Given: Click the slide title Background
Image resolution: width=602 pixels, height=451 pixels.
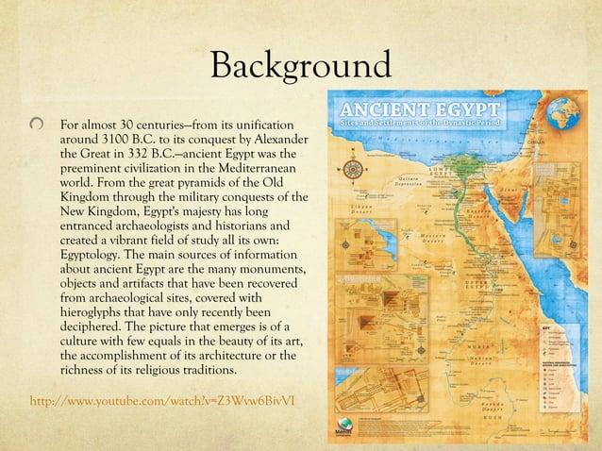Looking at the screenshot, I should (x=300, y=66).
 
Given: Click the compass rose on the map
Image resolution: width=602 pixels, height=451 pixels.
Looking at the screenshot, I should (x=354, y=171).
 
